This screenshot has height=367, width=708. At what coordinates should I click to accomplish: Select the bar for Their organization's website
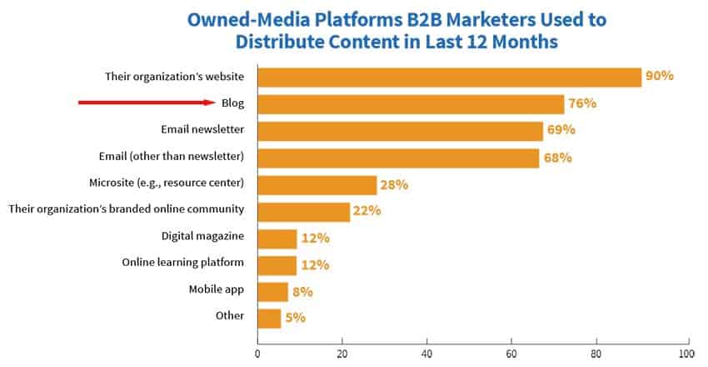click(449, 77)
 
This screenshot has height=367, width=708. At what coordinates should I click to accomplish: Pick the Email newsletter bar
click(400, 130)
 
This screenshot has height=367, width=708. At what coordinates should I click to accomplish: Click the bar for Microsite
click(317, 184)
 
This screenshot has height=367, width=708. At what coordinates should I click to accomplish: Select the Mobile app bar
click(272, 291)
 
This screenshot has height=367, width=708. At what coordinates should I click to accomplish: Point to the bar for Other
click(269, 318)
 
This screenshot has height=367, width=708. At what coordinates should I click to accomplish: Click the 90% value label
click(659, 77)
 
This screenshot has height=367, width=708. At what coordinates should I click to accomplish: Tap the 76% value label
click(582, 103)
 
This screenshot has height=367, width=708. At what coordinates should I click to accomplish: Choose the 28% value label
click(394, 184)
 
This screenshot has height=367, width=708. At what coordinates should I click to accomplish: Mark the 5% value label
click(296, 318)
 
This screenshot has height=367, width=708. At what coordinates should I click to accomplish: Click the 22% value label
click(366, 210)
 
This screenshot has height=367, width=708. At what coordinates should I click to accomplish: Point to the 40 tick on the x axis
click(426, 354)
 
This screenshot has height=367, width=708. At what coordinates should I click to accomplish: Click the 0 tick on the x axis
click(257, 354)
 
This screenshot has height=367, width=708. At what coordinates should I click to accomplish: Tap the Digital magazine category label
click(202, 237)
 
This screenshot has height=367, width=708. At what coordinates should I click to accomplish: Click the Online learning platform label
click(182, 263)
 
